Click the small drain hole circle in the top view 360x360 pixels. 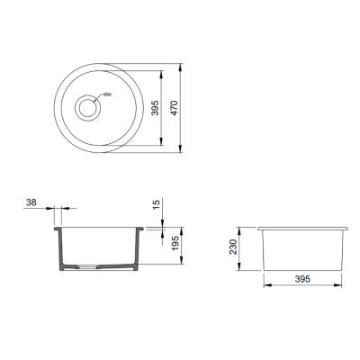(x=88, y=109)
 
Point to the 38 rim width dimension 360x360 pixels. (x=33, y=204)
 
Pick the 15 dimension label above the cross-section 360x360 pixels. (x=155, y=206)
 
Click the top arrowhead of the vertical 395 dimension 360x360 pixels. (x=161, y=72)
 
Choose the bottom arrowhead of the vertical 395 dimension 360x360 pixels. (x=161, y=147)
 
